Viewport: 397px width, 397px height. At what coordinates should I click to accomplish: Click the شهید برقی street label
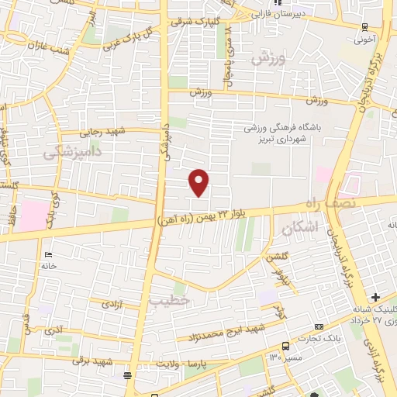coord(93,361)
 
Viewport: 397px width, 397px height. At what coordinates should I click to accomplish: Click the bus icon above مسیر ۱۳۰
coord(286,346)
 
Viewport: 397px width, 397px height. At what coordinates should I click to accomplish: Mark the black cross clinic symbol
coord(375,297)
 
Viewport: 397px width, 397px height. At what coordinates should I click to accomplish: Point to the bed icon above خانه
coord(49,254)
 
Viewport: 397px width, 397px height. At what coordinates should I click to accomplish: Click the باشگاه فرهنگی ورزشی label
coord(276,129)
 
